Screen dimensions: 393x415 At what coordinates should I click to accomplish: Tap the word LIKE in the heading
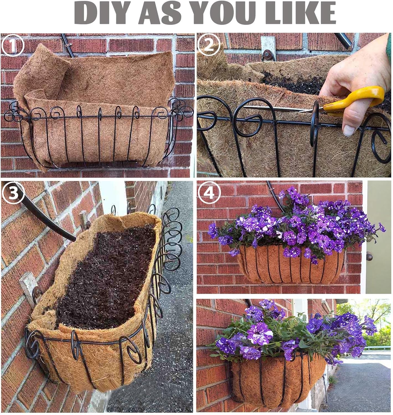[x=301, y=13]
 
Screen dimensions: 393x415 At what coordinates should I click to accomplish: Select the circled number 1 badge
[x=12, y=45]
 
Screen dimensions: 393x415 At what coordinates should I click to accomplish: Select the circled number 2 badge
[x=209, y=45]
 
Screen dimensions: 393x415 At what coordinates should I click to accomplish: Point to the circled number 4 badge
[x=209, y=193]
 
